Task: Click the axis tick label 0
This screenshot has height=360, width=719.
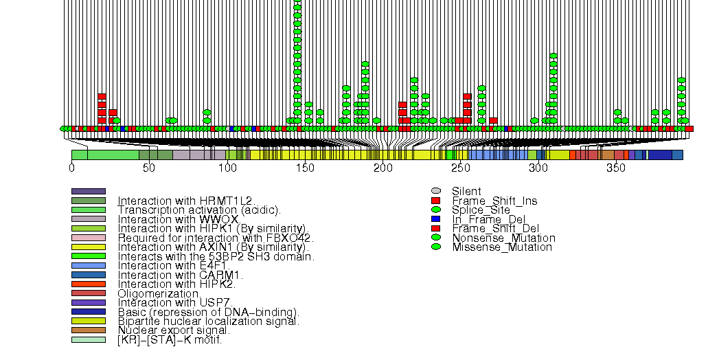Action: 71,168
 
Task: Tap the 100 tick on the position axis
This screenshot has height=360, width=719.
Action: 227,168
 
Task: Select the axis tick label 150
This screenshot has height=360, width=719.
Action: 305,168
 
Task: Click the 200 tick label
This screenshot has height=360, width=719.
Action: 383,168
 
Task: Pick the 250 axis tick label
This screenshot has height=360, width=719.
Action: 460,168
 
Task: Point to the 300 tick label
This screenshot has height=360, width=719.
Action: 538,168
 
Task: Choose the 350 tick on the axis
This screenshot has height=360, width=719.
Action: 616,168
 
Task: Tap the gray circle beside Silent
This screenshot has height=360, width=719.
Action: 435,191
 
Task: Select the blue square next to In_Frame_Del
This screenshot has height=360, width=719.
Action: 435,219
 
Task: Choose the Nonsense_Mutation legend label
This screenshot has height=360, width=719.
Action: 503,238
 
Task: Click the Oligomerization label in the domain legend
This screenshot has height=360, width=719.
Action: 159,293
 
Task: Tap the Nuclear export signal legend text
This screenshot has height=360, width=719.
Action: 174,330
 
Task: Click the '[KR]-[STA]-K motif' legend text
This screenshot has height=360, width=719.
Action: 170,339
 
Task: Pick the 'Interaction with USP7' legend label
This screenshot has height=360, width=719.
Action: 176,302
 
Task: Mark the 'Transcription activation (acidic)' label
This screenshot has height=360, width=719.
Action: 199,210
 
